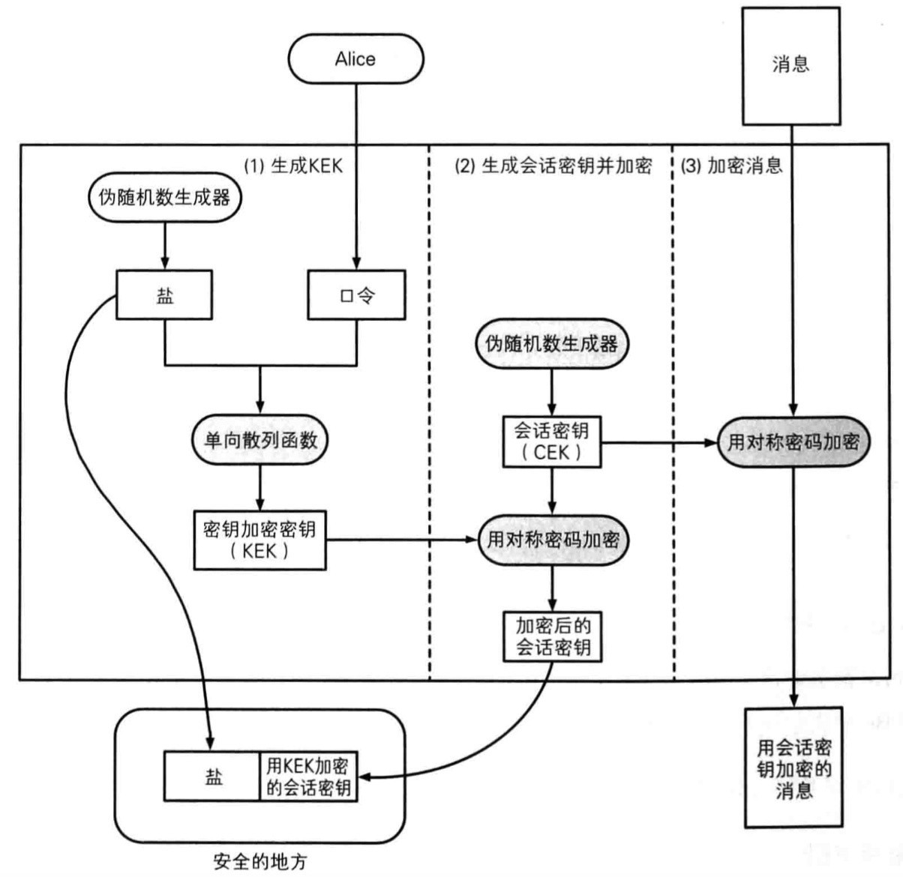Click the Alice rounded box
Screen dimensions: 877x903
click(x=355, y=59)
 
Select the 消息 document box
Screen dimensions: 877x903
click(x=790, y=65)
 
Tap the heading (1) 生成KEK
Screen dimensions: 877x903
click(x=293, y=166)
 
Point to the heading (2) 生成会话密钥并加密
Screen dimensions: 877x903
click(x=553, y=166)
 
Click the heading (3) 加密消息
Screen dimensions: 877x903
click(x=732, y=166)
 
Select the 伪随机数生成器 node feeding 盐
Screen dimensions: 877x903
click(x=164, y=198)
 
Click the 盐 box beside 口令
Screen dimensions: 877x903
click(x=164, y=295)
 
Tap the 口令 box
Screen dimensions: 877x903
click(x=357, y=295)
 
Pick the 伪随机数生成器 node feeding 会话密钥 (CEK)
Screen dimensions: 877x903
click(x=552, y=344)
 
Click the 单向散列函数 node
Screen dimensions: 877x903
click(x=260, y=440)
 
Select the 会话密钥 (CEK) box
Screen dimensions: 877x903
click(x=551, y=441)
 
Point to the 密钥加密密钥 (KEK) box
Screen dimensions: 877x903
click(x=259, y=540)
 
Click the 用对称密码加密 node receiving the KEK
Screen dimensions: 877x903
click(x=553, y=540)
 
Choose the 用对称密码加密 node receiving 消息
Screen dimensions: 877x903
click(x=793, y=441)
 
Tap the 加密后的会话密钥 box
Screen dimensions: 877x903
click(x=553, y=636)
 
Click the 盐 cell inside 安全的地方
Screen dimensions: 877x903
click(x=213, y=777)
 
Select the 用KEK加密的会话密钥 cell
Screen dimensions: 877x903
click(x=308, y=777)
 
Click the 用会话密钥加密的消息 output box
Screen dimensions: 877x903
click(x=793, y=768)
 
